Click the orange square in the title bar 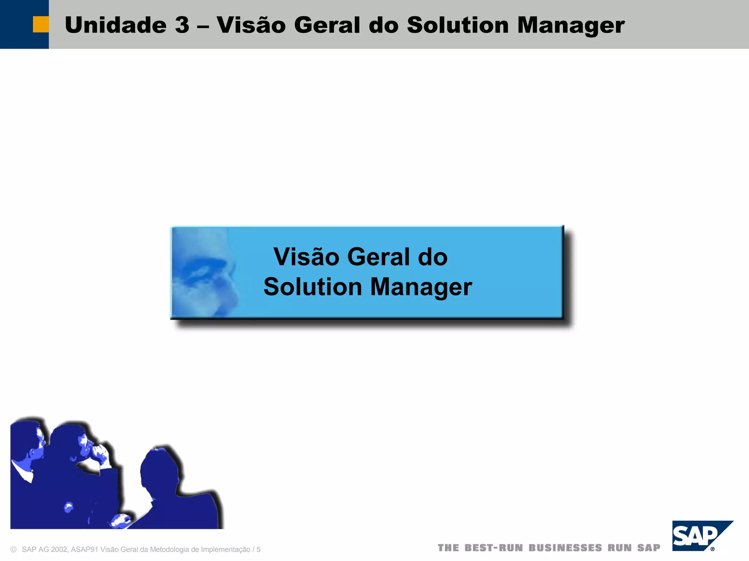(41, 24)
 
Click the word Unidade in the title (116, 25)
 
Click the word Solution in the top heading (458, 25)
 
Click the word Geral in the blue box (379, 257)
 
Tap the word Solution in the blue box (313, 287)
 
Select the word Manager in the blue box (421, 287)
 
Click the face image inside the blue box (203, 272)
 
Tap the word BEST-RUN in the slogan (493, 548)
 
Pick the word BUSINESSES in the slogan (565, 548)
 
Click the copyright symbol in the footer (14, 550)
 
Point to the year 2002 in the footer (59, 550)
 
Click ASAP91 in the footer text (85, 550)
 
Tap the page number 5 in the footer (259, 550)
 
